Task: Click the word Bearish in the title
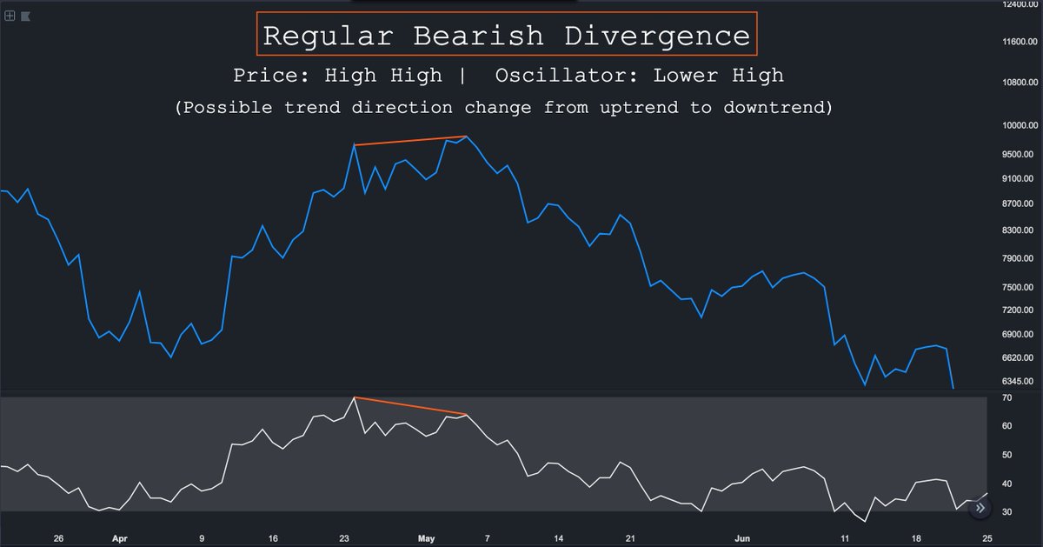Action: [478, 36]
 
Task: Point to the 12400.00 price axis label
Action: [1020, 5]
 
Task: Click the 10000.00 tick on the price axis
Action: [1020, 125]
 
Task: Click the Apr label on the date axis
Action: [120, 538]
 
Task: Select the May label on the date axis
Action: [426, 538]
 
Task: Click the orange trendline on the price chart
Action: [411, 140]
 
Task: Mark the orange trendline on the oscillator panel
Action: [411, 406]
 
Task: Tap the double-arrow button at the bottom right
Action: [980, 507]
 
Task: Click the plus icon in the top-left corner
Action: [9, 16]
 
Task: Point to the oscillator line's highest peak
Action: [354, 397]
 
